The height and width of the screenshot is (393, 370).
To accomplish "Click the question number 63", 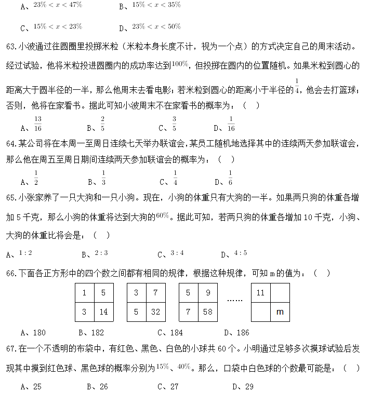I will [11, 47].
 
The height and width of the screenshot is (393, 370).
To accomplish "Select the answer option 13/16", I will [38, 124].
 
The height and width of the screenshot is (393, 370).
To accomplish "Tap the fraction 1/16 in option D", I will [231, 124].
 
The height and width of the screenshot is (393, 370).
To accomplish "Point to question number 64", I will [11, 144].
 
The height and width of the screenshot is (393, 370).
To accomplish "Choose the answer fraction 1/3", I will [103, 178].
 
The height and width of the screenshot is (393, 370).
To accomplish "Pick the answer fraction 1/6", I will [230, 178].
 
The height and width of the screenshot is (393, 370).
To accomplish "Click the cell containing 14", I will [103, 312].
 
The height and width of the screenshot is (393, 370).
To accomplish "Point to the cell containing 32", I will [155, 312].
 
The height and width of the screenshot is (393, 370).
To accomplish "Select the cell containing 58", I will [207, 312].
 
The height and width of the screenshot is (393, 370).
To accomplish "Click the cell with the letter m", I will [280, 312].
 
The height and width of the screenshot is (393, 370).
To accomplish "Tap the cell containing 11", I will [261, 293].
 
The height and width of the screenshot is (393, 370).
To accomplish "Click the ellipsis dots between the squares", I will [235, 300].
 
